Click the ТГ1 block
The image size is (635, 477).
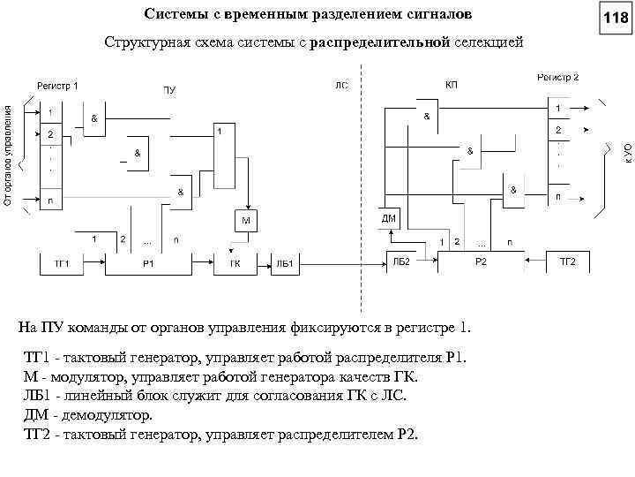click(x=63, y=263)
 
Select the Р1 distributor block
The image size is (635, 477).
click(x=148, y=263)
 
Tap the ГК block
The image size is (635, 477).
click(x=235, y=263)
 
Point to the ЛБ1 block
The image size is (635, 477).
click(x=284, y=263)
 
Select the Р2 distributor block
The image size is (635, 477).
click(x=481, y=262)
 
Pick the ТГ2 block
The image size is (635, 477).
click(x=567, y=262)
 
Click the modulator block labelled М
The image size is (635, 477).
click(x=246, y=218)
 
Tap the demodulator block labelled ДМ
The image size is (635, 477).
click(x=389, y=217)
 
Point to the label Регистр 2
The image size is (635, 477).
click(x=557, y=78)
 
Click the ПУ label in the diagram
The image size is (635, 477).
click(x=168, y=89)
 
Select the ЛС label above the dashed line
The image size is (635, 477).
click(x=342, y=85)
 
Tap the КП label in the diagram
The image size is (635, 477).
click(x=452, y=84)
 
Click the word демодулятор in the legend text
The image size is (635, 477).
click(x=110, y=414)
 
